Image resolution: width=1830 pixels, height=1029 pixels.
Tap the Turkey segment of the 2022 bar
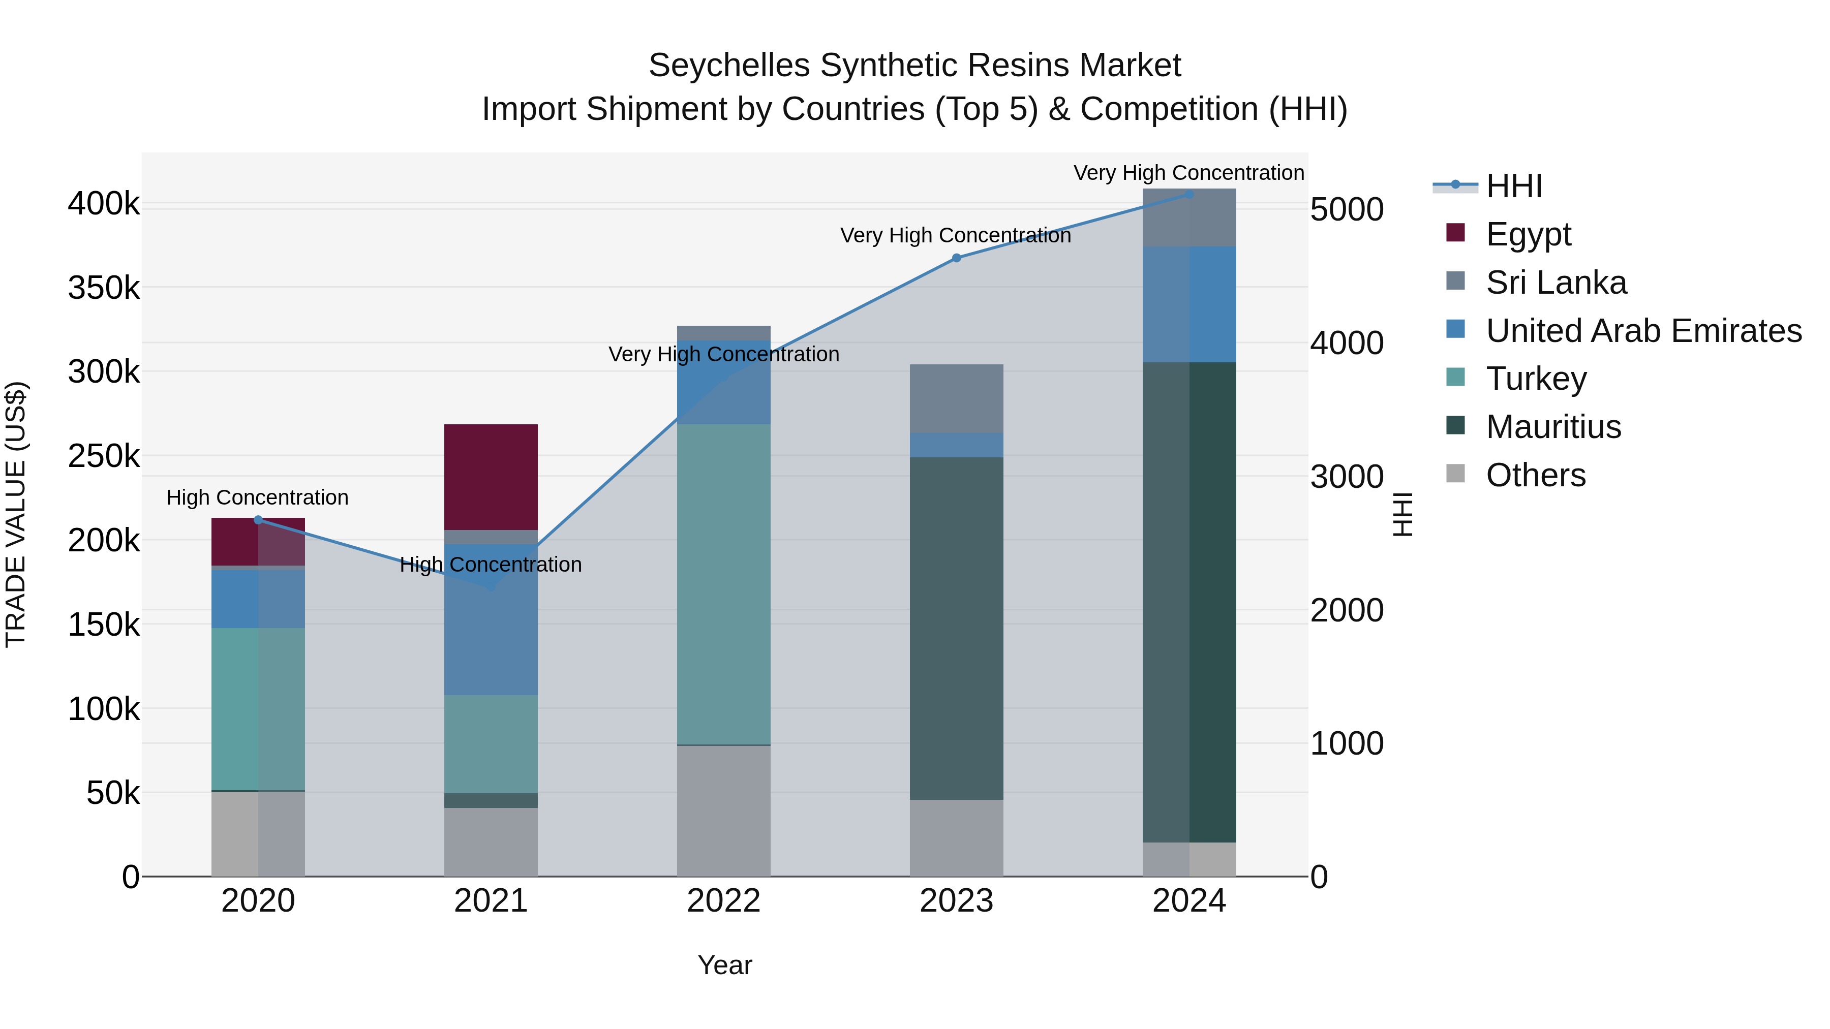pos(723,584)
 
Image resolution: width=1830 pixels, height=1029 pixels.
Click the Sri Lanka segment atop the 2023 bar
pos(956,398)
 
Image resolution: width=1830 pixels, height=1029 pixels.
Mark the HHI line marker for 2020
pos(258,520)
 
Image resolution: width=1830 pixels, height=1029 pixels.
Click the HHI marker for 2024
pos(1189,194)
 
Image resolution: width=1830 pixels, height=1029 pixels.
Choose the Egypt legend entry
pos(1528,234)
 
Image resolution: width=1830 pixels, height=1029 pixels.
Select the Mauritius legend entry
pos(1553,427)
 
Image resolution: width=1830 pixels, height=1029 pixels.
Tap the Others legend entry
pos(1535,475)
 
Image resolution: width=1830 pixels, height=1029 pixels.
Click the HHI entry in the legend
pos(1513,186)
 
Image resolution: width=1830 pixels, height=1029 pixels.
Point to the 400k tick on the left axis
pos(104,204)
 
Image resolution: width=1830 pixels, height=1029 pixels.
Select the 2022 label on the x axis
pos(723,901)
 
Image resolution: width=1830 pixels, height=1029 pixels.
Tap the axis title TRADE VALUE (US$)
pos(16,514)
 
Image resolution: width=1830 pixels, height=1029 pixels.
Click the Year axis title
pos(724,965)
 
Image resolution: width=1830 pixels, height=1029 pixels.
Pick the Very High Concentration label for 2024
pos(1188,173)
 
